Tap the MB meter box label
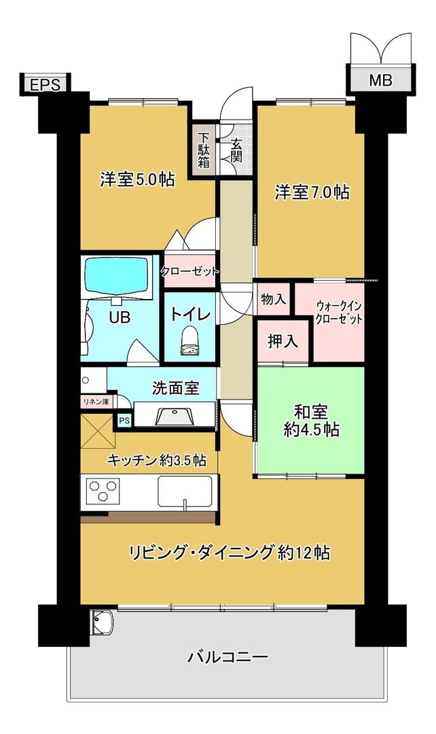[380, 81]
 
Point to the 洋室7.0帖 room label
[312, 192]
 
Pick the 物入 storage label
[273, 298]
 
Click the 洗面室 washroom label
[175, 388]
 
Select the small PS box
[124, 421]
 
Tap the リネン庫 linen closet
[96, 402]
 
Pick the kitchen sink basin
[185, 491]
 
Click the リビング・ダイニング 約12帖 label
[230, 553]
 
